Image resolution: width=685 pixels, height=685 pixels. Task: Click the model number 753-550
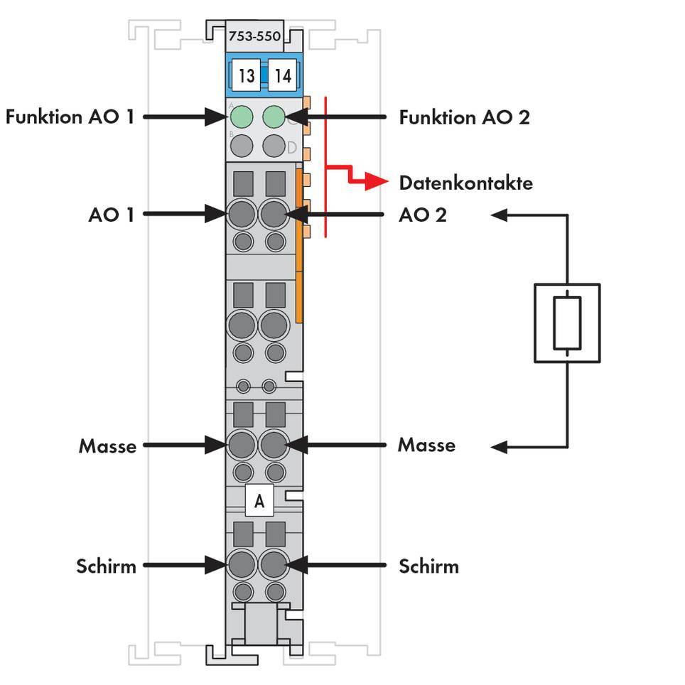click(x=254, y=36)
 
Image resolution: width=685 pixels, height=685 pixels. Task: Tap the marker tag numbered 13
click(x=246, y=75)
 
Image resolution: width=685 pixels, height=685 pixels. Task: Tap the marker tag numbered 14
click(x=282, y=75)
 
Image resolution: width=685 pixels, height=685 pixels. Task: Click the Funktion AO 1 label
click(x=70, y=117)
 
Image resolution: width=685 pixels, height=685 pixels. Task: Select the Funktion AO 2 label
click(x=464, y=117)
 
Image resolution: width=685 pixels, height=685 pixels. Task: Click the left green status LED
click(x=242, y=116)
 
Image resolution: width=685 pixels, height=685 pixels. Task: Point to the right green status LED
click(x=274, y=116)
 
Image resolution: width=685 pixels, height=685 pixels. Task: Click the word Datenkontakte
click(x=465, y=183)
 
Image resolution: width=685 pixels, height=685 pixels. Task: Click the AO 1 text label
click(x=111, y=215)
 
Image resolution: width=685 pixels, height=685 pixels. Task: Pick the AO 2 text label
click(x=423, y=215)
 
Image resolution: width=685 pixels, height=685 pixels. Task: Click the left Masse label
click(x=107, y=446)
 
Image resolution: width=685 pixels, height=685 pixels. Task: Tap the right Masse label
click(x=426, y=446)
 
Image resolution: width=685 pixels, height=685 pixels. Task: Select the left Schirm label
click(x=106, y=566)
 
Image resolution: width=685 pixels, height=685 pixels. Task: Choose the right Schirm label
click(x=428, y=566)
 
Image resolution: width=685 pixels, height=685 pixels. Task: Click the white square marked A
click(x=259, y=501)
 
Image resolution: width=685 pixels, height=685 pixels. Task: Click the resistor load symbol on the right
click(x=567, y=323)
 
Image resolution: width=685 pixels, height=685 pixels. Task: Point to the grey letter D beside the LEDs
click(x=291, y=148)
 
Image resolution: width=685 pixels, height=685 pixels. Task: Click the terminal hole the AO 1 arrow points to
click(x=242, y=213)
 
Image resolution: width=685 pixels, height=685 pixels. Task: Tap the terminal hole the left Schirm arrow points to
click(x=242, y=566)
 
